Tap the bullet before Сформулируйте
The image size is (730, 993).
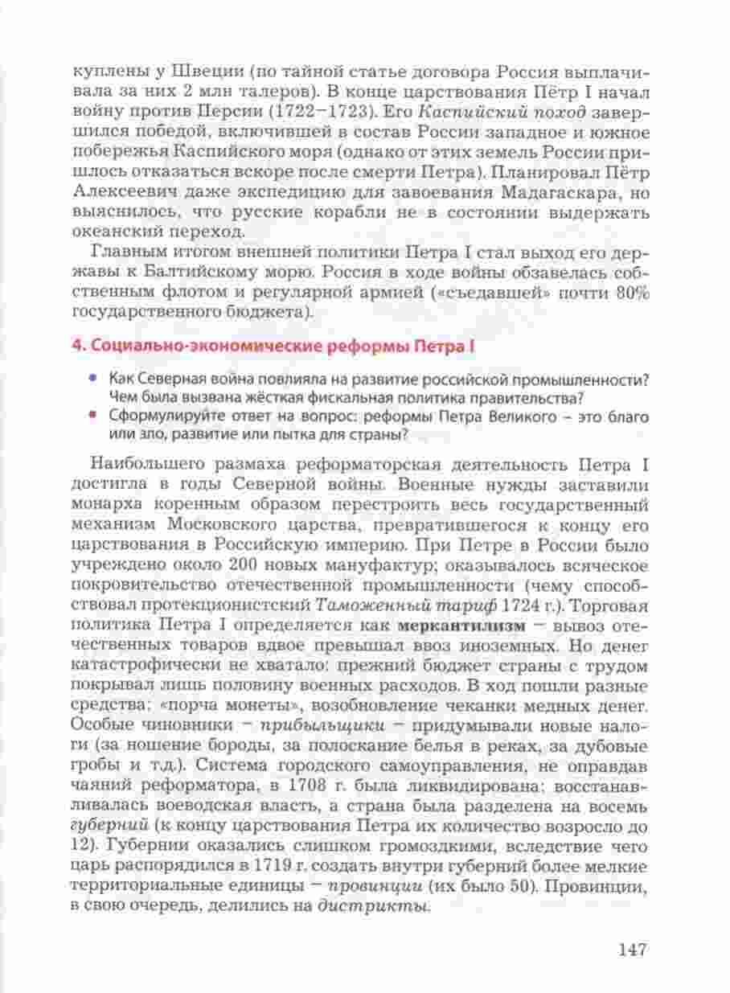(x=95, y=416)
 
